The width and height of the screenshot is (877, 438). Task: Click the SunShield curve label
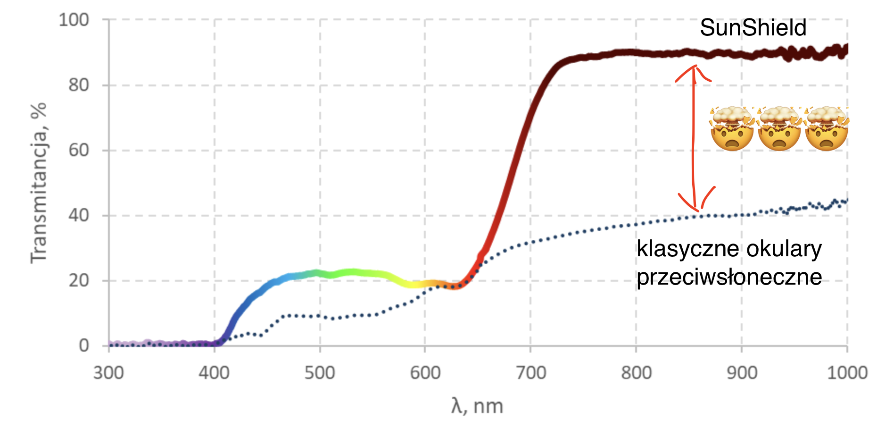coord(753,28)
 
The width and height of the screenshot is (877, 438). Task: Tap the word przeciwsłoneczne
coord(729,277)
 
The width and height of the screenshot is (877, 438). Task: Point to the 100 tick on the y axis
coord(74,20)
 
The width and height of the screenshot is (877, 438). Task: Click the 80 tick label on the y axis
coord(78,85)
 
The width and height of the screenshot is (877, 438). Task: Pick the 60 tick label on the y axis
coord(78,151)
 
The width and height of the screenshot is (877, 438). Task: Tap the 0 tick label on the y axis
coord(84,345)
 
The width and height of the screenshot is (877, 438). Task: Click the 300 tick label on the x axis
coord(108,373)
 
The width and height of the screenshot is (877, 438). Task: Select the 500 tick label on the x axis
coord(320,373)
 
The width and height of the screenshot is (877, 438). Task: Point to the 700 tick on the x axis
coord(530,373)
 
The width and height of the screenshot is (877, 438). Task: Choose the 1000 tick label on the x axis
coord(847,373)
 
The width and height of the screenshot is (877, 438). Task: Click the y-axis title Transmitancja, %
coord(39,183)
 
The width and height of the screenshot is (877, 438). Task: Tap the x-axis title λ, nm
coord(477,406)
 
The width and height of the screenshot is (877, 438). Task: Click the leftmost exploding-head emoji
coord(732,128)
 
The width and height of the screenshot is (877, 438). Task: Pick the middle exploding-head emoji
coord(779,128)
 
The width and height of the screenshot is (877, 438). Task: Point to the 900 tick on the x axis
coord(742,373)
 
